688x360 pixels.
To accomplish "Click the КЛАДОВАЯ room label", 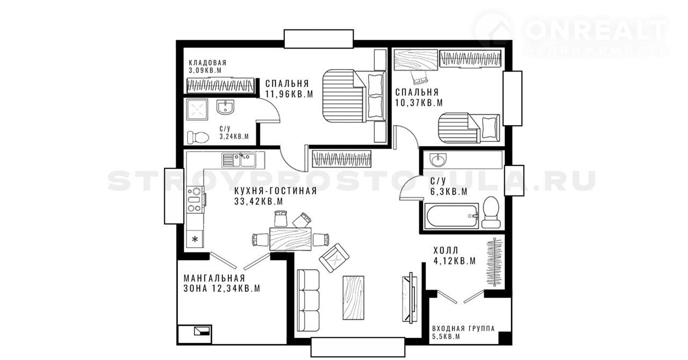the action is pos(207,63).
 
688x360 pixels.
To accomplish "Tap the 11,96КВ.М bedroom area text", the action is pos(289,94).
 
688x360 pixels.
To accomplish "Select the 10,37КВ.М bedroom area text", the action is pos(419,103).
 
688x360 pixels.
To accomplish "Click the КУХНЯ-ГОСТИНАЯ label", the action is pos(276,191).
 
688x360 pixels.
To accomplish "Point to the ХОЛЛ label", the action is pos(446,250).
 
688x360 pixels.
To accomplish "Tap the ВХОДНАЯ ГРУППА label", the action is pos(463,329).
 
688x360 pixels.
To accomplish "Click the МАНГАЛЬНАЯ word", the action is pos(214,278).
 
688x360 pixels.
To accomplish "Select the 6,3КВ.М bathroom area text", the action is pos(449,192).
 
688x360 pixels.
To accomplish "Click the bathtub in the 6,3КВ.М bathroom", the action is pos(451,216).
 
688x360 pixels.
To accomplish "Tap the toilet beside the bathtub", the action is pos(491,212).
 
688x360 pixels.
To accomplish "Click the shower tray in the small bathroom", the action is pos(197,110).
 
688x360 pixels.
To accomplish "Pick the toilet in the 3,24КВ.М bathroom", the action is pos(198,136).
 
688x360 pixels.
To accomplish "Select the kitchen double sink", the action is pos(238,160).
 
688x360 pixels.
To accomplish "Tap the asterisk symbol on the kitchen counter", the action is pos(195,239).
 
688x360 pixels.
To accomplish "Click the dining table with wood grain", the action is pos(291,239).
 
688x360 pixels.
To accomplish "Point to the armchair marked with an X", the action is pos(334,258).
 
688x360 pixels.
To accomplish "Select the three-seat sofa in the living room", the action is pos(309,300).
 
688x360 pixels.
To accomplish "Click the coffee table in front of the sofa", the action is pos(353,298).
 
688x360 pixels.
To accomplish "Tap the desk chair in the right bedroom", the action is pos(419,77).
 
